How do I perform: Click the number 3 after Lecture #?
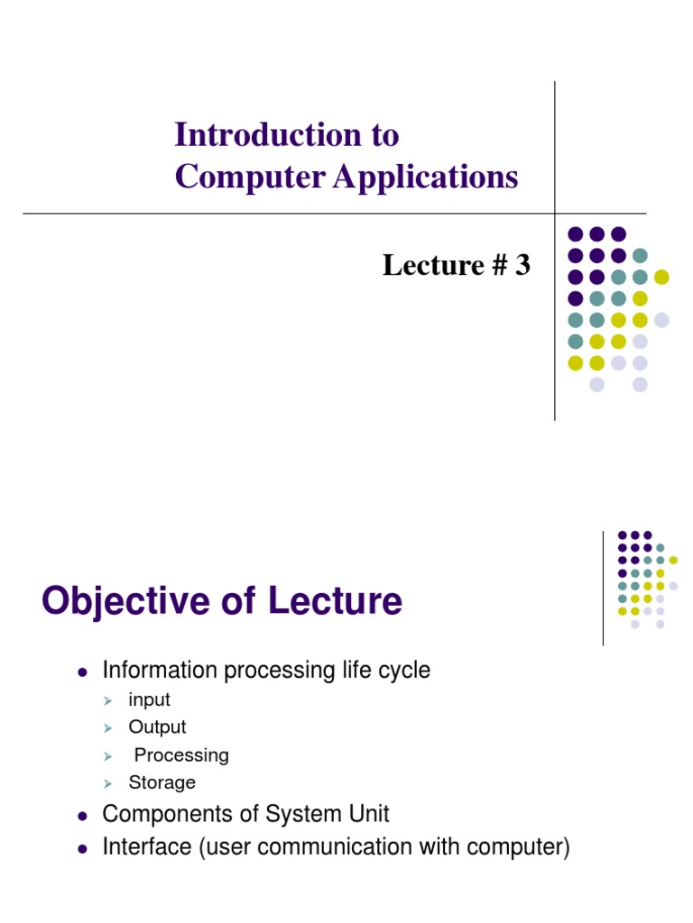pyautogui.click(x=522, y=265)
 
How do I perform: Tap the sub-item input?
pyautogui.click(x=149, y=700)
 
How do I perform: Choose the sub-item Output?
pyautogui.click(x=157, y=727)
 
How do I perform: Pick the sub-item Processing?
pyautogui.click(x=181, y=755)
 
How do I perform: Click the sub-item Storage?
pyautogui.click(x=162, y=782)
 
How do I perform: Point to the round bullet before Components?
pyautogui.click(x=82, y=817)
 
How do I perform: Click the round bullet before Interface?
pyautogui.click(x=82, y=849)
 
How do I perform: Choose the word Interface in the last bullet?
pyautogui.click(x=142, y=847)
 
